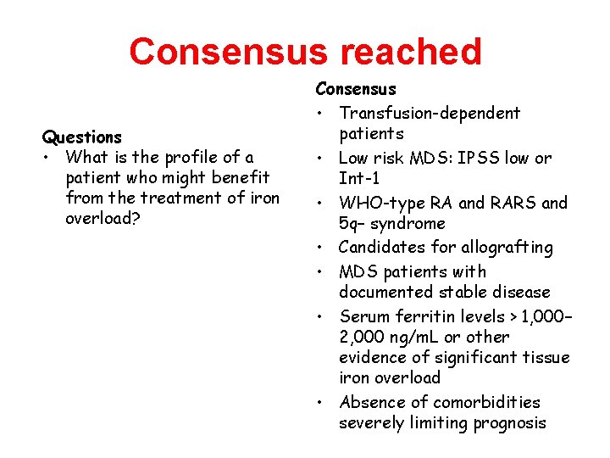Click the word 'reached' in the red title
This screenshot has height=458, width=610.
(411, 52)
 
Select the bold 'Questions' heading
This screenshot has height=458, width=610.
(82, 137)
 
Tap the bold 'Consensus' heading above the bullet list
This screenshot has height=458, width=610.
(356, 88)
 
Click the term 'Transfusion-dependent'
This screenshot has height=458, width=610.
(430, 113)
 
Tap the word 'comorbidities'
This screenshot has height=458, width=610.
(486, 402)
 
